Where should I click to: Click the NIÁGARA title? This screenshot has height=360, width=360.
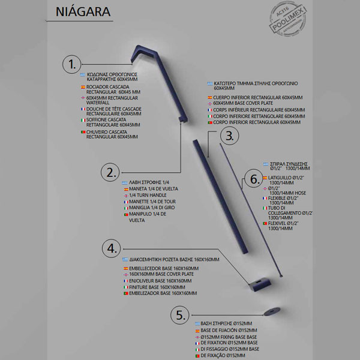(x=82, y=12)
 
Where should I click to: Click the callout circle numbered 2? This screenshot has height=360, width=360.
(x=110, y=172)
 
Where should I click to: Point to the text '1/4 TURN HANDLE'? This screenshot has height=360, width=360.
(x=148, y=196)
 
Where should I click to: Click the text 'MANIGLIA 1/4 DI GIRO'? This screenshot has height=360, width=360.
(x=152, y=208)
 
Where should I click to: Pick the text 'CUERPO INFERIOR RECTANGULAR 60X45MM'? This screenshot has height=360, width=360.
(x=257, y=97)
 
